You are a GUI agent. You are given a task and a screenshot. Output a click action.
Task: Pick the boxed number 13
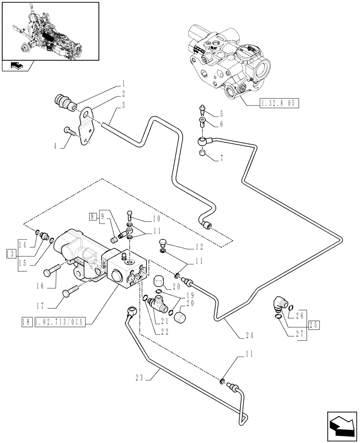[10, 253]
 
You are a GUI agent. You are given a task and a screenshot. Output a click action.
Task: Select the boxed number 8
[92, 217]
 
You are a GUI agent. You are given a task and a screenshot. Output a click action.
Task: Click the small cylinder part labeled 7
[203, 153]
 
